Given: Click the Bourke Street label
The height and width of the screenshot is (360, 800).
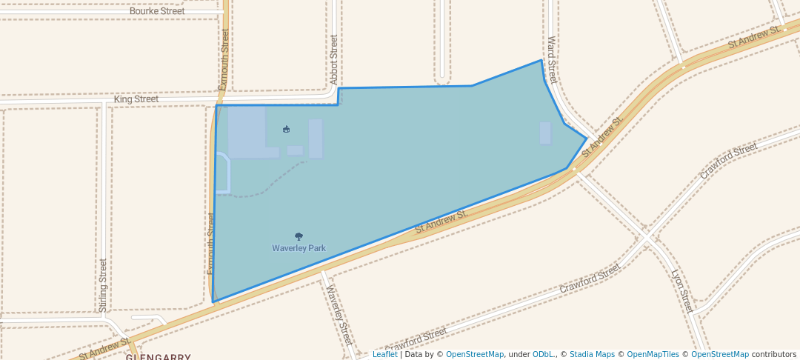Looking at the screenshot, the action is coord(157,11).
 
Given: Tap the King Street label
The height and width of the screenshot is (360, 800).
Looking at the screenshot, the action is coord(136,99).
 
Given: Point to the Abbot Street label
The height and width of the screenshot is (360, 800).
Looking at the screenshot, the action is coord(334,59).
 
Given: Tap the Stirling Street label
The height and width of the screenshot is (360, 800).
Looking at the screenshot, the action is coord(103,284).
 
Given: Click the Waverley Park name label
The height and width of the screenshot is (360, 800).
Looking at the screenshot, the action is coord(299,249).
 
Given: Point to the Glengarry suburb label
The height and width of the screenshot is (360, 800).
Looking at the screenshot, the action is coord(159,356).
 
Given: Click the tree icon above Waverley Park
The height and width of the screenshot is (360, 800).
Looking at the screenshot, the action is coord(299,236).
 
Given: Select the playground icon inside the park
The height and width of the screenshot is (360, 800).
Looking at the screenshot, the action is coord(287,130).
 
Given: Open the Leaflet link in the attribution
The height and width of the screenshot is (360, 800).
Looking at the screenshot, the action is coord(384,355).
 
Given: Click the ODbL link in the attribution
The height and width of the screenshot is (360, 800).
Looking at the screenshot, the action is coord(544,355).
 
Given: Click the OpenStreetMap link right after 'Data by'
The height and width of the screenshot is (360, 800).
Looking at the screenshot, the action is coord(475,355).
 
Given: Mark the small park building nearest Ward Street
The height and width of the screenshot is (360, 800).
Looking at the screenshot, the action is coord(545,133).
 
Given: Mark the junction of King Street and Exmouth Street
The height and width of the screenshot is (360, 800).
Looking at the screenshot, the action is coord(219,98).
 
